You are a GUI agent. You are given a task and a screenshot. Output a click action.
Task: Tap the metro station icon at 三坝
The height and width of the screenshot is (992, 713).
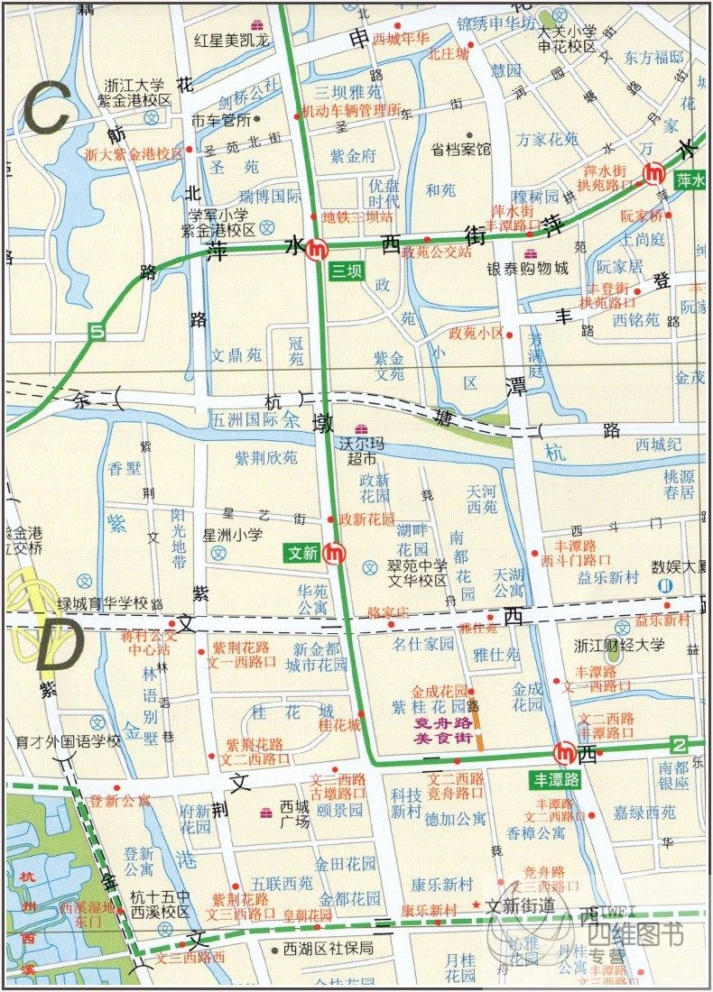click(x=316, y=249)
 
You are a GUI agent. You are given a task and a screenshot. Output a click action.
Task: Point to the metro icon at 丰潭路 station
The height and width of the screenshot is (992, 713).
click(x=565, y=751)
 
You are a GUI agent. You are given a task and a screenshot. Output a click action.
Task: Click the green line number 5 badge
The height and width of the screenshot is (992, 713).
click(x=97, y=332)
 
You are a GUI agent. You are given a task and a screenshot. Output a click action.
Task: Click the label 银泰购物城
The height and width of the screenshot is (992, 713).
click(x=528, y=268)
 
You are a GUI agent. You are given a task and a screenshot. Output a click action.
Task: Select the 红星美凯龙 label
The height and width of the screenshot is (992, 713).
click(x=233, y=41)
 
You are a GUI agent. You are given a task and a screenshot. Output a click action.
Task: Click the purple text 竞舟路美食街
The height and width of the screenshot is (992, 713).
click(x=443, y=730)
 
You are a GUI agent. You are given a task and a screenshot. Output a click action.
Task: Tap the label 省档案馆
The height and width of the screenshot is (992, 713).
click(x=460, y=150)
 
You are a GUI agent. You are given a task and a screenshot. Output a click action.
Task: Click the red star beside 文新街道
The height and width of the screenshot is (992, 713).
click(x=475, y=905)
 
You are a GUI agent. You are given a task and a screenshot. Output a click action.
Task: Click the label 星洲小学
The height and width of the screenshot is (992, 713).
click(x=232, y=535)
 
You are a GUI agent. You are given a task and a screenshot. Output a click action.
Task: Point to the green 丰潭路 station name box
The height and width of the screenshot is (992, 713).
click(x=557, y=779)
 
